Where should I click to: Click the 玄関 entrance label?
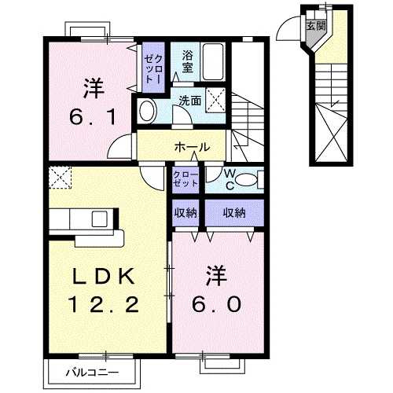[x=315, y=25]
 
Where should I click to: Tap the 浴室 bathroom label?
[x=187, y=61]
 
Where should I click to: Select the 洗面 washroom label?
[x=189, y=100]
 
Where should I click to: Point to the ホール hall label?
[x=192, y=147]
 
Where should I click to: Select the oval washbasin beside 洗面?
[x=146, y=111]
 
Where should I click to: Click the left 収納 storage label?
[x=185, y=212]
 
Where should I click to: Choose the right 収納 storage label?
[x=233, y=212]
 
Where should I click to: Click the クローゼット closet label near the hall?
[x=185, y=178]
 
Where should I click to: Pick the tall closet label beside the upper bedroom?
[x=151, y=66]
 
